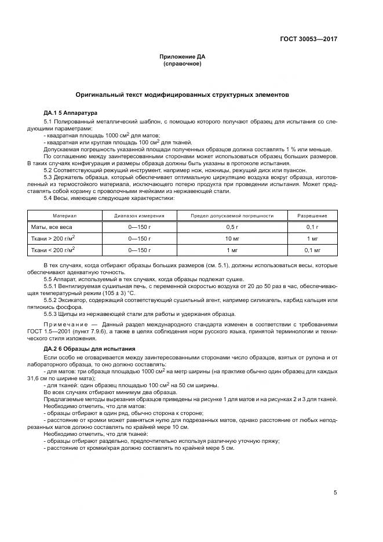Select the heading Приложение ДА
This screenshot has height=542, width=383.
pos(183,57)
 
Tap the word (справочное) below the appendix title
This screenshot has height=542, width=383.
pos(183,64)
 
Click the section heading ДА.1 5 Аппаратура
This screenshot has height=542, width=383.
pos(70,112)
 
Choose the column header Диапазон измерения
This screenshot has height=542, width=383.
pos(139,215)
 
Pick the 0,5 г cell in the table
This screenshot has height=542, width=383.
pos(232,227)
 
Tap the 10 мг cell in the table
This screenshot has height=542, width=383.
pos(232,238)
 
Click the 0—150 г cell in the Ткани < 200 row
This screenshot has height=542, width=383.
pos(139,250)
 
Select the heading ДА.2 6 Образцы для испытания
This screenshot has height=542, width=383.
pos(89,349)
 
